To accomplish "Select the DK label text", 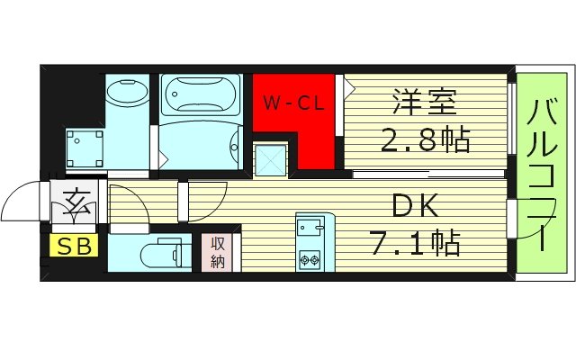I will point(413,207).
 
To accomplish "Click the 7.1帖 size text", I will point(416,244).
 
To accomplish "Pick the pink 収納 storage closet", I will point(219,251).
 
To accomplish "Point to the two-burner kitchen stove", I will point(310,259).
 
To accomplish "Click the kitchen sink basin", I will point(310,225).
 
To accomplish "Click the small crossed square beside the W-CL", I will point(269,160).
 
